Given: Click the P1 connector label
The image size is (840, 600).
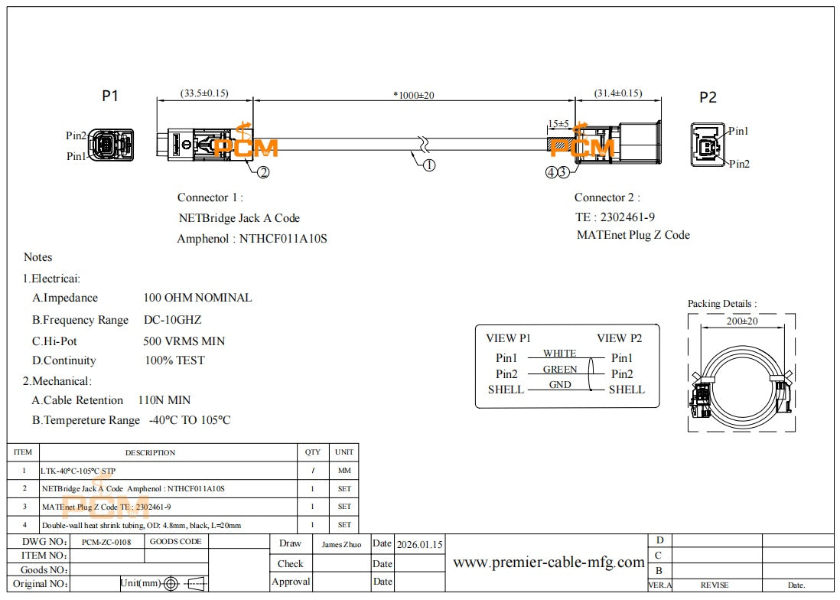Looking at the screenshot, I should pos(110,96).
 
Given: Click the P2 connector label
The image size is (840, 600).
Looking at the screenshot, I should pos(708,97).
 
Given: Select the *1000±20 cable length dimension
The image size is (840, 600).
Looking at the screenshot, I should pos(414,95).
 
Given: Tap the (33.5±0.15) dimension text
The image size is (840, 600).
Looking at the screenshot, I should pos(204,93).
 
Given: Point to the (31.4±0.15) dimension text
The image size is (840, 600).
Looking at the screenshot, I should pos(618,93).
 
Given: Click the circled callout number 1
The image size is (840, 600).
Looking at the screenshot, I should pos(429,165).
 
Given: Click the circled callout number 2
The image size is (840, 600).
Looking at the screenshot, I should pos(263,172).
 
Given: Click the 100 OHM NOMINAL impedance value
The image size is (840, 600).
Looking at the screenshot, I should pos(197,298).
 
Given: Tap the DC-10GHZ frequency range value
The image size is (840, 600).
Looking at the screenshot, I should pos(173,320).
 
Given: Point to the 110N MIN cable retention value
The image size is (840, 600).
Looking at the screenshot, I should pos(164,400).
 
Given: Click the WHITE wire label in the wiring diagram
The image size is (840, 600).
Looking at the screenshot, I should pos(560,354).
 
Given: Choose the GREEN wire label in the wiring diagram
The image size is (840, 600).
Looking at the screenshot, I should pos(560,370).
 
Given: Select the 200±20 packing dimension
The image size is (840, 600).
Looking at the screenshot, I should pos(741,321).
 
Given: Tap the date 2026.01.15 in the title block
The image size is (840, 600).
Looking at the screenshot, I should pos(419,545).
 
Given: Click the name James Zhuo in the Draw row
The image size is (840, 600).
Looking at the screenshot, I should pos(342,544).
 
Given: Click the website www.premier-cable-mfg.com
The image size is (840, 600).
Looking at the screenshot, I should pos(549,562).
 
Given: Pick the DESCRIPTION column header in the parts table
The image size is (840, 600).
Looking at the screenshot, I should pos(151,452).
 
